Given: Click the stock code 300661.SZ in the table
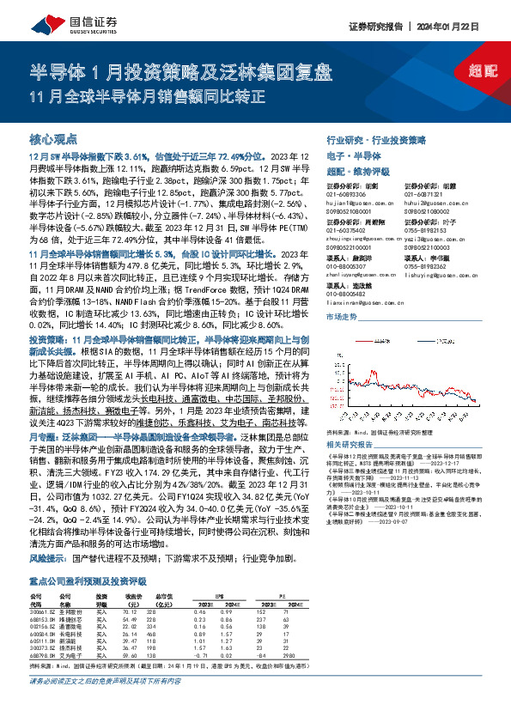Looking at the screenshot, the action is coord(44,611).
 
